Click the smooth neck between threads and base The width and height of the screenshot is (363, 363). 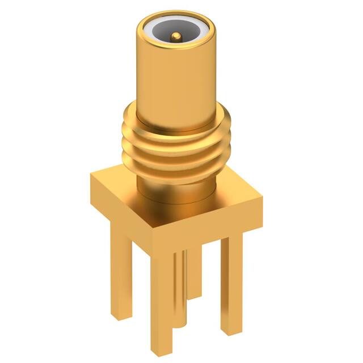(176, 190)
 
